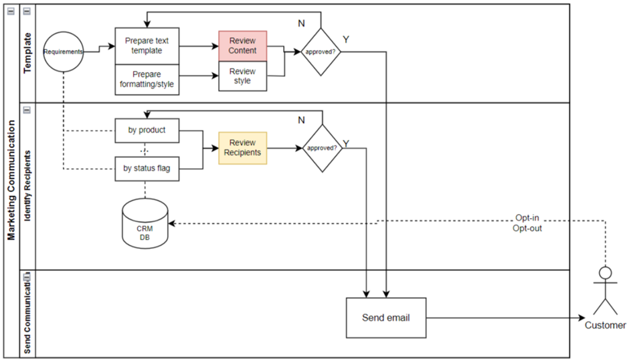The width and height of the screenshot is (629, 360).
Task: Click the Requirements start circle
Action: (x=64, y=51)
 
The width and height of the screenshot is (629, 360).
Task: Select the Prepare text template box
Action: (x=148, y=46)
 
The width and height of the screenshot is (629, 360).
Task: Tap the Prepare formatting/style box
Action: (x=148, y=78)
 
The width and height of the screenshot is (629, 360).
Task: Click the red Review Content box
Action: (x=242, y=46)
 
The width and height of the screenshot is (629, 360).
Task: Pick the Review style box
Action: (x=242, y=76)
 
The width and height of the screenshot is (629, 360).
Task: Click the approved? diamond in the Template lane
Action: (x=321, y=51)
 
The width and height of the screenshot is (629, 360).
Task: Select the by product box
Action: (x=147, y=130)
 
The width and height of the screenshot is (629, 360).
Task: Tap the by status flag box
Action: (x=147, y=168)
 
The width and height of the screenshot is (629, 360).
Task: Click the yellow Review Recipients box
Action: (x=242, y=147)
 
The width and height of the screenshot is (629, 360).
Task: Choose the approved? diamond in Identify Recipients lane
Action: (x=322, y=148)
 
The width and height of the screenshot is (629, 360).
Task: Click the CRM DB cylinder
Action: (x=145, y=223)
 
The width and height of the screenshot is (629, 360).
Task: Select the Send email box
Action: (x=385, y=317)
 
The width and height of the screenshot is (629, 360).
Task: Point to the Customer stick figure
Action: (x=606, y=291)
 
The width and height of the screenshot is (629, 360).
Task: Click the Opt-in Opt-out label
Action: (x=528, y=223)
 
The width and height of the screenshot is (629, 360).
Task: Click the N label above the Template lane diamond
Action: (x=301, y=23)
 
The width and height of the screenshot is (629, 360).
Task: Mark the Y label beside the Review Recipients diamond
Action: (x=346, y=143)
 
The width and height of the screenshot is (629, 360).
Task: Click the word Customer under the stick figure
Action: (x=606, y=325)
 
